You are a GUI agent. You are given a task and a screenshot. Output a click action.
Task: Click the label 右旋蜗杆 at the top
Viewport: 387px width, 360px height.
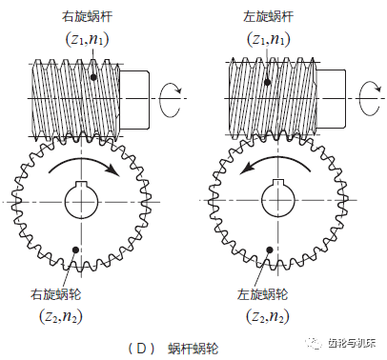pos(87,16)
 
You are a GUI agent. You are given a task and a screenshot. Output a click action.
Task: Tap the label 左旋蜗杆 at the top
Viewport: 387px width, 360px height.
pos(269,16)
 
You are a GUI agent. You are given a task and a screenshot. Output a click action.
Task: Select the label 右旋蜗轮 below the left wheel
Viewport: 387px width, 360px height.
pos(56,294)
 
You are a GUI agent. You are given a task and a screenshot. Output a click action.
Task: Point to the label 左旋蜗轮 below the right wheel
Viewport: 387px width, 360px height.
pos(262,294)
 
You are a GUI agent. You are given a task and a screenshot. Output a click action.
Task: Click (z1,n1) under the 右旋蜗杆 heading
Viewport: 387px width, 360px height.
pos(87,39)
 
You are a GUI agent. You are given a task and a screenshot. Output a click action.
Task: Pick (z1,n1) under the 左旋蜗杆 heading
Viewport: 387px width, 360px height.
pos(269,39)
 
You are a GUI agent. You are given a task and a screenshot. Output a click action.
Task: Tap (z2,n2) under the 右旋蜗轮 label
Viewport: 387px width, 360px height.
pos(61,316)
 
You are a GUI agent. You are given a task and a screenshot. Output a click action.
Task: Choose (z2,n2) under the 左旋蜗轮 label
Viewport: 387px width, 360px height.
pos(268,316)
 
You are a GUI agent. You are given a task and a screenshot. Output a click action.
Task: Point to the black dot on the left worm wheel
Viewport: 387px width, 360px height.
pos(75,250)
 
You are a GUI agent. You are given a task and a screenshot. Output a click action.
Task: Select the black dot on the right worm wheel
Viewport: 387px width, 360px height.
pos(270,250)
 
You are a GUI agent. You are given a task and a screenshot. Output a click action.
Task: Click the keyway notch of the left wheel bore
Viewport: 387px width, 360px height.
pos(81,184)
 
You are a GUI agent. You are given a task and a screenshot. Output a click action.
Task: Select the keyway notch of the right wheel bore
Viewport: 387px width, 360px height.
pos(278,183)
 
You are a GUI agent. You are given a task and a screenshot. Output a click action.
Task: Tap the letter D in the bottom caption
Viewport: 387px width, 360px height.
pos(141,349)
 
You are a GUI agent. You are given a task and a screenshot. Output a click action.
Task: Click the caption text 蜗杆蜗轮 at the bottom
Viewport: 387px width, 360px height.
pos(193,349)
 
